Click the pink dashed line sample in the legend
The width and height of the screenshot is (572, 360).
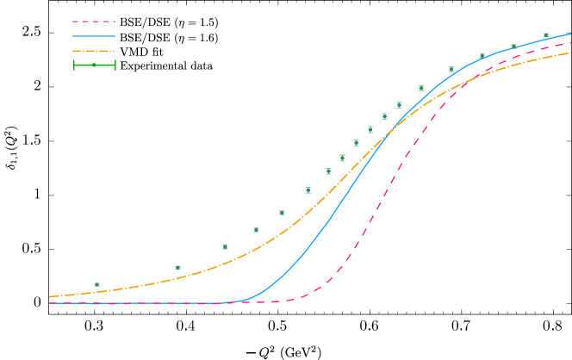[x=94, y=22]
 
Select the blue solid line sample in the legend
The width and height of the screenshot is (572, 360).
[x=94, y=36]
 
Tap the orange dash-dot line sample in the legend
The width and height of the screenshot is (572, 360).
[x=94, y=51]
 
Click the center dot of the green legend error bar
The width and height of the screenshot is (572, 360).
[x=94, y=65]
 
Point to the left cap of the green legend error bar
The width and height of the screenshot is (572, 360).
[x=74, y=65]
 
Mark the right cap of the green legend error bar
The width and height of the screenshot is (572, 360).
[x=115, y=65]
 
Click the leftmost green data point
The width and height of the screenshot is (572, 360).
[x=96, y=284]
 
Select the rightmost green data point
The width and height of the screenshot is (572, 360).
[x=546, y=36]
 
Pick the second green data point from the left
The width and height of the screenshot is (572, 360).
[x=178, y=267]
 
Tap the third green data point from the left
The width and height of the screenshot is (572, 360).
[x=226, y=246]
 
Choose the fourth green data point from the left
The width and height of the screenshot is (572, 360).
[x=256, y=230]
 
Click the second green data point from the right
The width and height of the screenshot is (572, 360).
[x=514, y=47]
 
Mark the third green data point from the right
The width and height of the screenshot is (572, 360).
[x=482, y=57]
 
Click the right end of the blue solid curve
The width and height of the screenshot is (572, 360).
[x=570, y=34]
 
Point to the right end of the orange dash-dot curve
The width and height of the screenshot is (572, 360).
[x=570, y=53]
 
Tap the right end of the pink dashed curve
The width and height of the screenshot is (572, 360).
[x=570, y=42]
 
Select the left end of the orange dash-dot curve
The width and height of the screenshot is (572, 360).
[x=50, y=296]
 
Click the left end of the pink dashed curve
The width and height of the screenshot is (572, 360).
[x=50, y=302]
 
